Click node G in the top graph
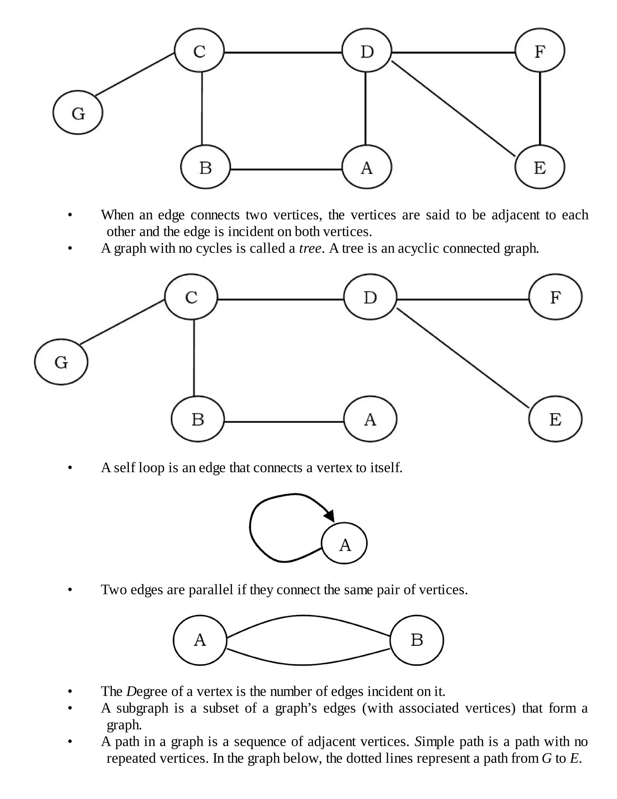coord(78,113)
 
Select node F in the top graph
coord(540,50)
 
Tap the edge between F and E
coord(540,108)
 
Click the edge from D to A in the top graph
coord(365,108)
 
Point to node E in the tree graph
coord(555,419)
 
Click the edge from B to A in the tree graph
coord(283,422)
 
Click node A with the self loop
coord(344,543)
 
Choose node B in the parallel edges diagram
coord(417,640)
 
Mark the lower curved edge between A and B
coord(303,664)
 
